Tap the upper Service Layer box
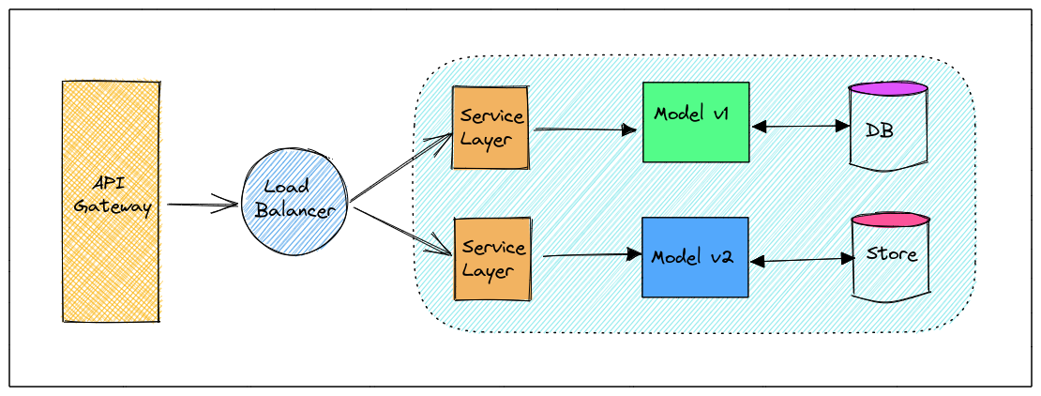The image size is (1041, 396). pos(490,127)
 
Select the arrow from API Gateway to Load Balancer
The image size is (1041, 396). pos(202,203)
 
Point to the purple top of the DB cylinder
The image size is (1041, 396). pos(888,89)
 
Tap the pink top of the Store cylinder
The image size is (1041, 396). pos(891,221)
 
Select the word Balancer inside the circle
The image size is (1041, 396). pos(295,211)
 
